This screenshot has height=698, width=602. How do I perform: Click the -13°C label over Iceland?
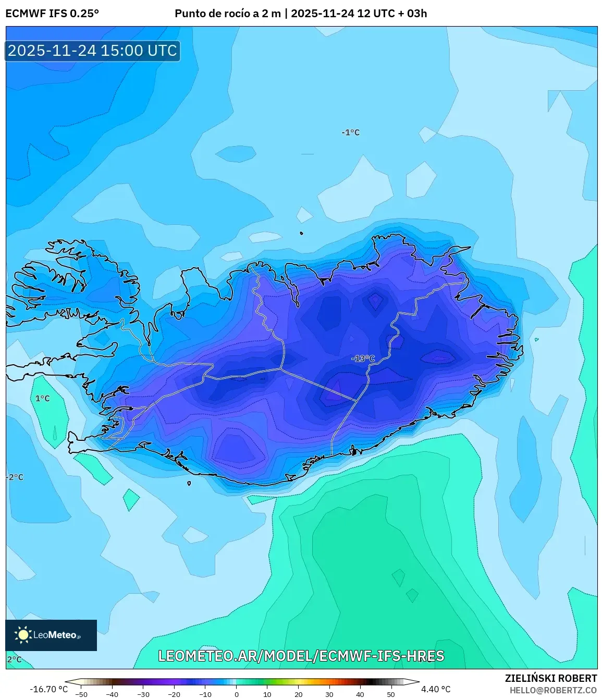[363, 358]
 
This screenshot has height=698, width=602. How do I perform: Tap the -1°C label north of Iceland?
[351, 133]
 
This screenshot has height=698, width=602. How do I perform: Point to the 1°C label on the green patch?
[42, 399]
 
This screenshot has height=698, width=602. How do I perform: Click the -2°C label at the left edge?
[15, 477]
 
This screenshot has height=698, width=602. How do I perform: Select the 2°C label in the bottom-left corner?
[14, 659]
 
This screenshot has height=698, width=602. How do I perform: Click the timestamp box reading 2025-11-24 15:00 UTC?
[92, 51]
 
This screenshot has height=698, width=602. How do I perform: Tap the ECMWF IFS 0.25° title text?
[52, 14]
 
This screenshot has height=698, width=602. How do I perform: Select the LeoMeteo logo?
[51, 635]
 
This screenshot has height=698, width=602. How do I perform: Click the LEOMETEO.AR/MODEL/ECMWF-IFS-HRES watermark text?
[301, 656]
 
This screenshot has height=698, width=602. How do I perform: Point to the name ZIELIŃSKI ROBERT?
[550, 678]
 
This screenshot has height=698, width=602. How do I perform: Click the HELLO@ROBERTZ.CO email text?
[553, 690]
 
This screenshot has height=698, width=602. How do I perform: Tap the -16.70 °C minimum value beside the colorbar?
[49, 689]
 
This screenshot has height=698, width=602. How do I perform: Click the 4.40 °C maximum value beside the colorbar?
[436, 689]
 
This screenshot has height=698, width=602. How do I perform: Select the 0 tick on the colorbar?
[237, 694]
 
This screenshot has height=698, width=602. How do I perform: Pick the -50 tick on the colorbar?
[81, 694]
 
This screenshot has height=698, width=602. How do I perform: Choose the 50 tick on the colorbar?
[391, 694]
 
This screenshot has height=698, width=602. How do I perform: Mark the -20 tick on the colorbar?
[174, 694]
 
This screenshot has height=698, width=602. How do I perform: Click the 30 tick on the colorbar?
[329, 694]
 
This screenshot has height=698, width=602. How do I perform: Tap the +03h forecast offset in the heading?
[412, 14]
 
